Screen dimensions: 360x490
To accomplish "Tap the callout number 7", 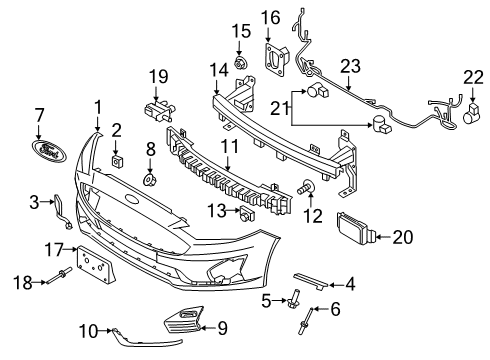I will click(40, 115).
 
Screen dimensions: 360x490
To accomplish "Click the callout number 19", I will click(156, 77).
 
